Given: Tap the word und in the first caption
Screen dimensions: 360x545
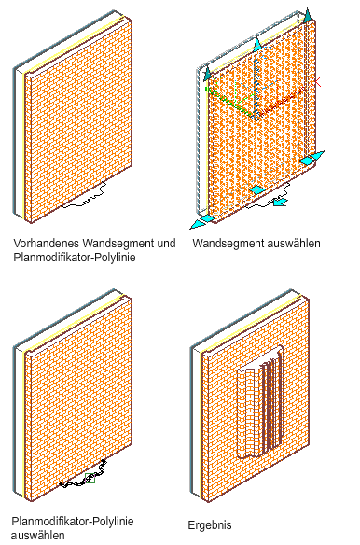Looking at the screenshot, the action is point(166,243).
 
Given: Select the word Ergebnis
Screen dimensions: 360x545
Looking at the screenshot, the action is point(210,525).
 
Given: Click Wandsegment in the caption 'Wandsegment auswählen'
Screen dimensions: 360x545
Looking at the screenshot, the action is point(224,244).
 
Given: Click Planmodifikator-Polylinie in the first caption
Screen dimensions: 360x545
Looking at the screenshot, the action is point(74,258).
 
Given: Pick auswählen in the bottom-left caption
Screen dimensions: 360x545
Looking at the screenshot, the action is point(38,536).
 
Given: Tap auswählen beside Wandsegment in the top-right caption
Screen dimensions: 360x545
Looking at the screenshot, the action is point(289,243).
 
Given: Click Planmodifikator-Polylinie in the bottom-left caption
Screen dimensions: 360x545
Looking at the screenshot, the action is point(73,522).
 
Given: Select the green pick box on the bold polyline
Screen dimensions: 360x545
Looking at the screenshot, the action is point(90,478).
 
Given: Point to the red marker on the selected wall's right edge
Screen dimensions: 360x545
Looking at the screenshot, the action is point(317,82).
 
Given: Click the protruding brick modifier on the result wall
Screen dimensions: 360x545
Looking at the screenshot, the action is point(260,402).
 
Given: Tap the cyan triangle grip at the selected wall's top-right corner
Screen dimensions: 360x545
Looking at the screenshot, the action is point(307,15).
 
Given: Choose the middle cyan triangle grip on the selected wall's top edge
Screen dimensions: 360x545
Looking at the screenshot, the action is point(257,45).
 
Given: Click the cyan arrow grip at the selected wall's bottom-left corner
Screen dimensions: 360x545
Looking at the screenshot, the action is point(201,222).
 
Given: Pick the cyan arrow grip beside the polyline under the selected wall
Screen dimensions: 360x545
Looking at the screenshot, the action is point(280,202).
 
